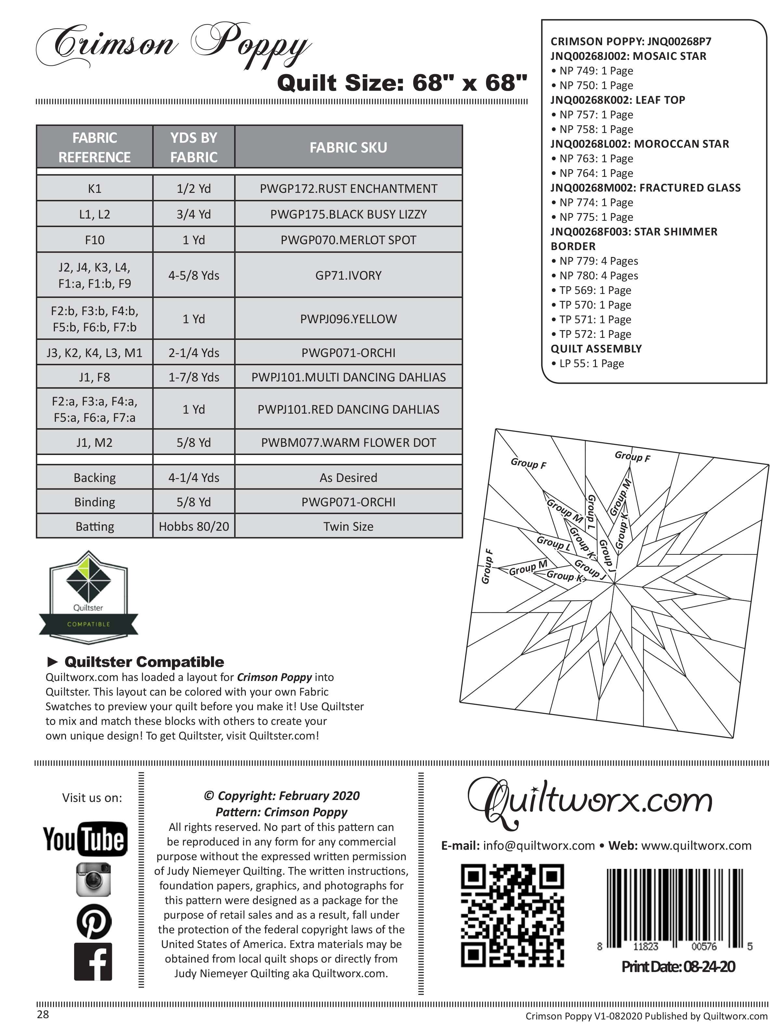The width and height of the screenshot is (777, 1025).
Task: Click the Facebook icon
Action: point(93,962)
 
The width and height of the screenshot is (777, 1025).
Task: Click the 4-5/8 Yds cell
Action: point(194,275)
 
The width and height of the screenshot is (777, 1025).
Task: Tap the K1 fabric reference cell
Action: point(95,189)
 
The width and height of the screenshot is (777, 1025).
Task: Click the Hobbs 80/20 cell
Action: point(194,526)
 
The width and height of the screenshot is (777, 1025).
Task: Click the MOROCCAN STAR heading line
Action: point(639,144)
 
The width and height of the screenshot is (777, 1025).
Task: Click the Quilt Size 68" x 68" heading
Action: point(402,83)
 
